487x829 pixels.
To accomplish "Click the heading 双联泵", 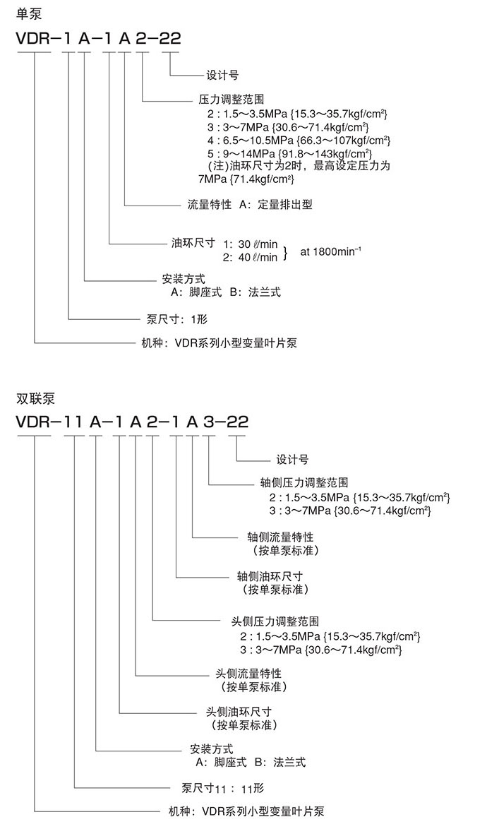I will point(35,398).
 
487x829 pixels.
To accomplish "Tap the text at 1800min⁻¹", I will point(331,251).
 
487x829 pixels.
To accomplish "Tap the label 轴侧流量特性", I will point(276,537).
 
